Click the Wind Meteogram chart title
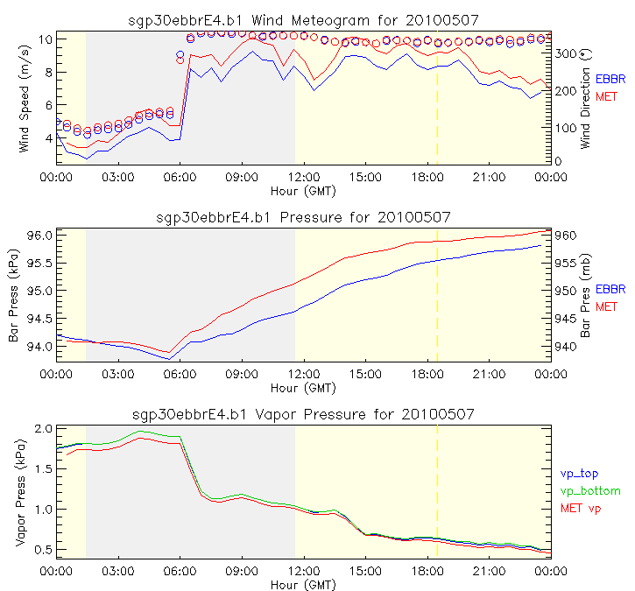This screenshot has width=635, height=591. click(302, 18)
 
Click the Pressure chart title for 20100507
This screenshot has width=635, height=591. click(302, 216)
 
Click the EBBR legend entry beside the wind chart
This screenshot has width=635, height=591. click(611, 79)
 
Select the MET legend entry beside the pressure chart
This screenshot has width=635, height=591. click(607, 306)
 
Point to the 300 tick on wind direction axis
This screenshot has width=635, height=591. click(568, 54)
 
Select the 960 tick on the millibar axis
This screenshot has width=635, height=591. click(566, 236)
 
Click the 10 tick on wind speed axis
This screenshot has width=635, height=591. click(45, 39)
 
